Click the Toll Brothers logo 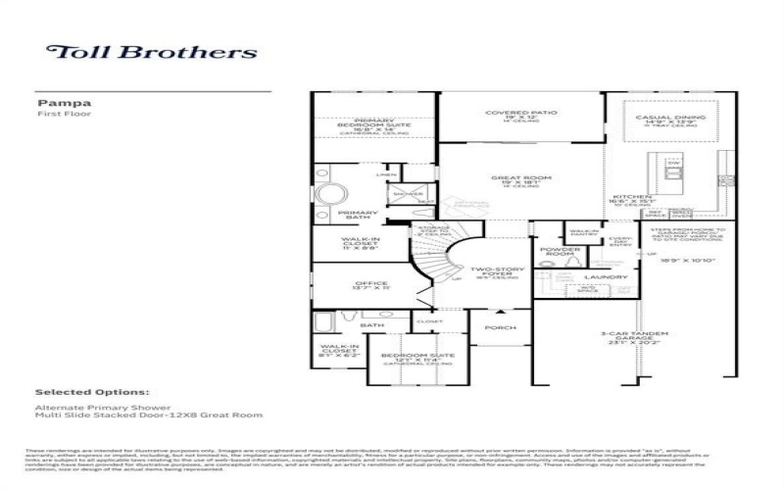coord(152,52)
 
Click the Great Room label coord(520,180)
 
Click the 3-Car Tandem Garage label coord(626,339)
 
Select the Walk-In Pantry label coord(585,233)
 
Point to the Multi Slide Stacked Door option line coord(149,415)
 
